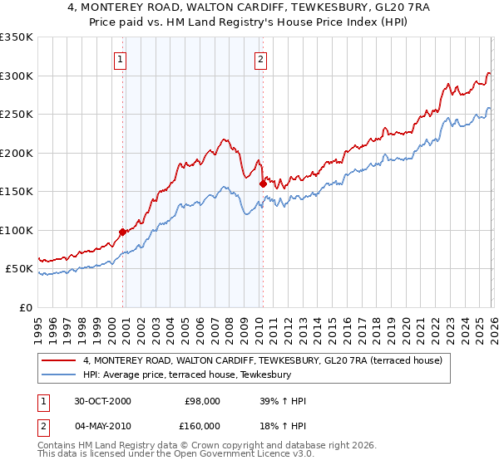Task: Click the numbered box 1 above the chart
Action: (121, 59)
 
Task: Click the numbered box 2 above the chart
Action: (261, 59)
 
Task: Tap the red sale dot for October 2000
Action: (122, 232)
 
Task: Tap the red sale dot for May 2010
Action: (263, 184)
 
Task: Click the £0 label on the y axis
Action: (27, 307)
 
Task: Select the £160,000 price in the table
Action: (202, 426)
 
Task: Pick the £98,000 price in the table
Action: (202, 401)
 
